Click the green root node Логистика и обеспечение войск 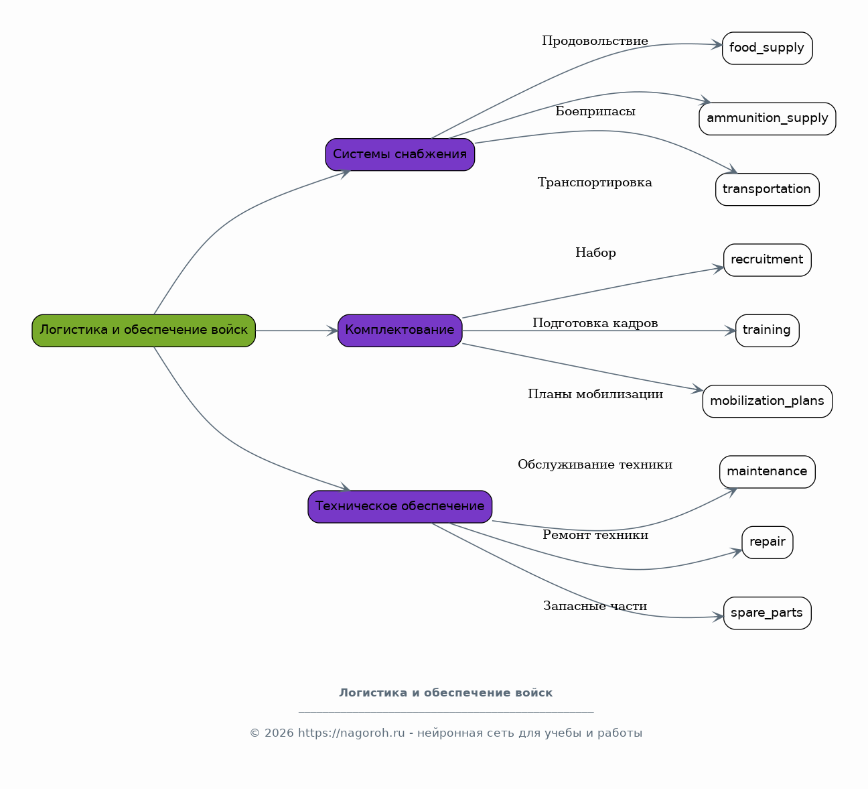tap(143, 330)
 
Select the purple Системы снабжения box tap(400, 155)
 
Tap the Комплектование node tap(400, 330)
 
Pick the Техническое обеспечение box tap(400, 507)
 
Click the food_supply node tap(767, 48)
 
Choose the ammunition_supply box tap(767, 119)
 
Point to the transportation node tap(767, 189)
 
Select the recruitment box tap(767, 260)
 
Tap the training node tap(767, 330)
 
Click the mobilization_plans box tap(767, 402)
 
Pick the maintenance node tap(767, 472)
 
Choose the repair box tap(767, 542)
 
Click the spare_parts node tap(767, 613)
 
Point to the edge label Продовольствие tap(595, 41)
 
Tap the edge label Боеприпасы tap(595, 112)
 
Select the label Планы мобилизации tap(595, 394)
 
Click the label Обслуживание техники tap(595, 465)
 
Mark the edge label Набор tap(595, 253)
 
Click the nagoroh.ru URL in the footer tap(352, 733)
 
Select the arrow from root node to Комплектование tap(297, 330)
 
